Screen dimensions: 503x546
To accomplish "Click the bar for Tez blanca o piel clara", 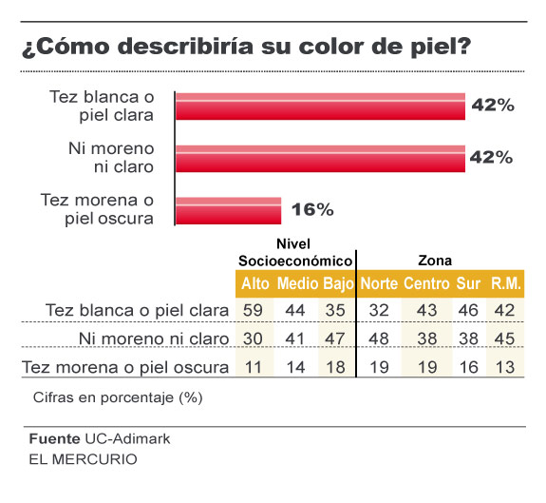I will point(320,106).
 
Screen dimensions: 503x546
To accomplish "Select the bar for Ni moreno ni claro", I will point(320,157).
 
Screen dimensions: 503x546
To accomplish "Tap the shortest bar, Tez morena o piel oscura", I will point(229,209).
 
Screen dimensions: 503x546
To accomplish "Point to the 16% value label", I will point(312,208).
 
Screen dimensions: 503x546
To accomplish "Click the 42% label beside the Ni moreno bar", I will point(491,157).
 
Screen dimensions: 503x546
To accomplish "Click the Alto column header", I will point(255,283).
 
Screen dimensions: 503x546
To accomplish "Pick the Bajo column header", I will point(338,283).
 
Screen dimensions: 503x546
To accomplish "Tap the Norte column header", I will point(379,283).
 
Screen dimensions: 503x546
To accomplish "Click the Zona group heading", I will point(435,260).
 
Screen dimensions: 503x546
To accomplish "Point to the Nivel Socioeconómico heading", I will point(295,251).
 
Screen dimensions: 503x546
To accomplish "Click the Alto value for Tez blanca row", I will point(254,310).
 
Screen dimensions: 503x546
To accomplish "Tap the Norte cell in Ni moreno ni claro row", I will point(378,339).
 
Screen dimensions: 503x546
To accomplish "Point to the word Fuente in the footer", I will point(53,439).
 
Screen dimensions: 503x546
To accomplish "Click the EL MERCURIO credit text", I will point(82,459).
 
